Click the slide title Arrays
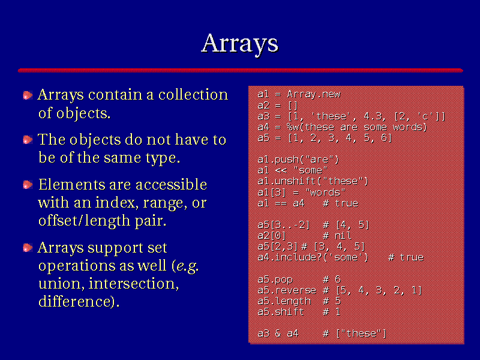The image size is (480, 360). [239, 44]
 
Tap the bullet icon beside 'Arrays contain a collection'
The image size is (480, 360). [28, 95]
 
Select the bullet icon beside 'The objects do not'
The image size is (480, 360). [28, 140]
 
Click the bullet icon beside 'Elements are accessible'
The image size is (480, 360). [28, 185]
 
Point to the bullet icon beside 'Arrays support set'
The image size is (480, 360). [28, 248]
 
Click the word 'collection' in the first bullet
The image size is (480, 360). [193, 95]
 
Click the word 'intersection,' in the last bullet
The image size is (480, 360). [134, 283]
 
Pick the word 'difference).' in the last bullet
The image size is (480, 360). [79, 301]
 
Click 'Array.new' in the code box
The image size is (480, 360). [314, 94]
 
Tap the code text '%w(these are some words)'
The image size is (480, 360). [357, 127]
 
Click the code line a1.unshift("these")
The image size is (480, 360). [313, 181]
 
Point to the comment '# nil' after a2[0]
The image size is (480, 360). [337, 235]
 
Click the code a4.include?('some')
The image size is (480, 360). [313, 257]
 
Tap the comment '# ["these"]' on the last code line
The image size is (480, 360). [355, 334]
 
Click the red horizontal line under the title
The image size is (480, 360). [241, 70]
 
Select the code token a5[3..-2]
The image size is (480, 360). [284, 225]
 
